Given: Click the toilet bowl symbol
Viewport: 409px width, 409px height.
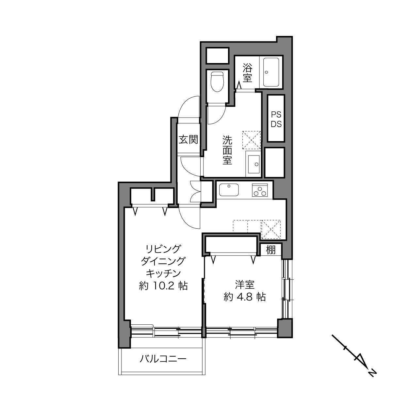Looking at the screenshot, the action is point(217,81).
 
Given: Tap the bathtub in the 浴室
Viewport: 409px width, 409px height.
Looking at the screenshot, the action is point(271,72).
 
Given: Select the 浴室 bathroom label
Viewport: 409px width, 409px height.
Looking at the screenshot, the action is point(248,73).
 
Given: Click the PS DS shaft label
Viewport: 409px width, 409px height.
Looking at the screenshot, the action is point(276,119).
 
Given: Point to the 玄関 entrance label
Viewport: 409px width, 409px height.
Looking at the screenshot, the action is point(188,139).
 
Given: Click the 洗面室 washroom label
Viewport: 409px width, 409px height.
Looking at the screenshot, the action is point(227,150).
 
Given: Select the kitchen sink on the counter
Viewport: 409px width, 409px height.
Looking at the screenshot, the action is point(229,190).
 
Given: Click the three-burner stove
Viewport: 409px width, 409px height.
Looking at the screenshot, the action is point(260,190).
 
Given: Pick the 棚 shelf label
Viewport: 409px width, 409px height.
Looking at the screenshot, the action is point(271,250).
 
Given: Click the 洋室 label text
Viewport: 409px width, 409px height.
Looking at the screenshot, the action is point(245,285).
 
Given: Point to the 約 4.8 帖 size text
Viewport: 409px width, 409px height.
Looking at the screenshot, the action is point(245,297).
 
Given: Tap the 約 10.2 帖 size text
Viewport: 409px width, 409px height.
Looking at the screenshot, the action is point(163,286).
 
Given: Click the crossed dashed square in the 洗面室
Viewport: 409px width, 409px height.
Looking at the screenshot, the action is point(252,140).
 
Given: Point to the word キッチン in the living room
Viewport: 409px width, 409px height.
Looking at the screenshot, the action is point(163,273).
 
